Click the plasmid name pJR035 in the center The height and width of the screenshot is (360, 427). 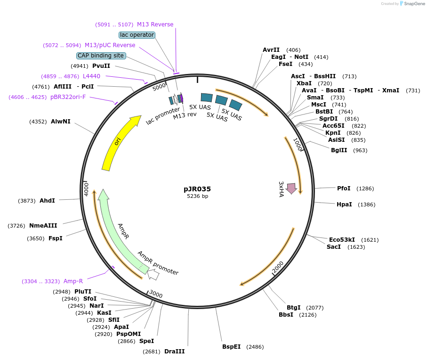pos(197,189)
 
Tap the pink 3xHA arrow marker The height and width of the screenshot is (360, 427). pos(291,188)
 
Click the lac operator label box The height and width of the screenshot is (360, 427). pos(137,35)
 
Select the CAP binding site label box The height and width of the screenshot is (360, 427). pos(101,56)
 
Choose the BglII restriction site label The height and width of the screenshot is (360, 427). pos(339,150)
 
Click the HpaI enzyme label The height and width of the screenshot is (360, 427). pos(344,205)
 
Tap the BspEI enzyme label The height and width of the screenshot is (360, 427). pos(231,347)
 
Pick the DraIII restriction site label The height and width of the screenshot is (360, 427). pos(174,352)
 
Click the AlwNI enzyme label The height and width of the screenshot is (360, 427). pos(61,122)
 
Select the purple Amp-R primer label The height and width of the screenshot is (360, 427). pos(73,281)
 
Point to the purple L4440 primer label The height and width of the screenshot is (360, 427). pos(91,76)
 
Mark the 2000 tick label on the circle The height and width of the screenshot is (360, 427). pos(278,267)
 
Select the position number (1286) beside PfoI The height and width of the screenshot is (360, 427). pos(365,188)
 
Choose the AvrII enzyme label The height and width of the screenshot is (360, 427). pos(271,50)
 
